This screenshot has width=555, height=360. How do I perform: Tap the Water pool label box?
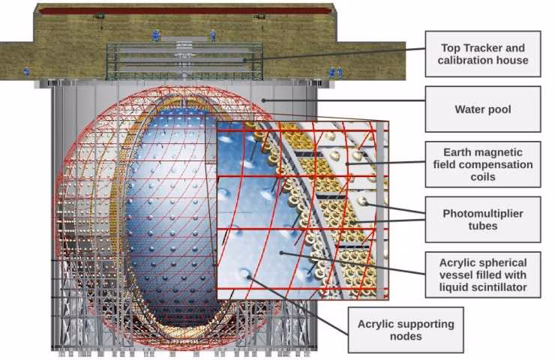[x=483, y=109]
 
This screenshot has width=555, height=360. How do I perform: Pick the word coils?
[x=483, y=177]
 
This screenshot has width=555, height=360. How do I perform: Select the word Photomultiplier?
[x=483, y=214]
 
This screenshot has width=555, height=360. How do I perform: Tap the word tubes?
[x=483, y=226]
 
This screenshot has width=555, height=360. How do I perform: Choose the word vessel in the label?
[x=454, y=275]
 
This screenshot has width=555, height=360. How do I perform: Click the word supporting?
[x=422, y=324]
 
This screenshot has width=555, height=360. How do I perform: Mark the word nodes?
[x=406, y=336]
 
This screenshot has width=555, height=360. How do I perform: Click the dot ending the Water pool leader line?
[x=263, y=100]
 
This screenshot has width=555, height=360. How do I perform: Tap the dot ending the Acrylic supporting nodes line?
[x=249, y=277]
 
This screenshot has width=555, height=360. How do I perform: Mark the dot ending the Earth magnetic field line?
[x=347, y=164]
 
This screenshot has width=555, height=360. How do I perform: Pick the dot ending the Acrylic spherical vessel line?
[x=281, y=253]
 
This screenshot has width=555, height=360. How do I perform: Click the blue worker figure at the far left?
[x=26, y=71]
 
